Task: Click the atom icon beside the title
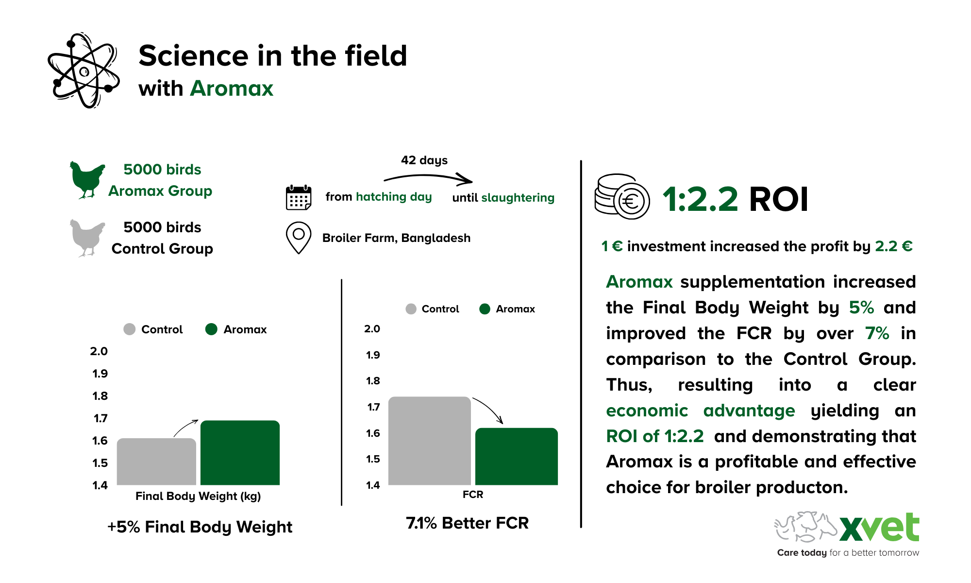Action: click(x=84, y=71)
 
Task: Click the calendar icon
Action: click(x=298, y=197)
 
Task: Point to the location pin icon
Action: click(x=298, y=237)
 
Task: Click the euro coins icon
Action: click(x=622, y=197)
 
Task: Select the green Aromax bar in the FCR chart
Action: click(x=516, y=456)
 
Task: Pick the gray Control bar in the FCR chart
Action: click(x=429, y=441)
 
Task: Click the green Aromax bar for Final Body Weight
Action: click(x=240, y=452)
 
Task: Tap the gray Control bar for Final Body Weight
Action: click(x=156, y=462)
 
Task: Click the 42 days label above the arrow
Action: click(x=424, y=160)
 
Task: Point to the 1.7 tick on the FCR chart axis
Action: click(x=373, y=407)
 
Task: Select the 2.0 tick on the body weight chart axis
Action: click(x=99, y=351)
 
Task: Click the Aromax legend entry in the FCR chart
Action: click(x=507, y=309)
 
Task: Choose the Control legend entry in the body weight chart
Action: click(x=153, y=329)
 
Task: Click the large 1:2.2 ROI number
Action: click(x=700, y=199)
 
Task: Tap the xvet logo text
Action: click(x=879, y=528)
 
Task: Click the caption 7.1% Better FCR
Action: click(x=467, y=523)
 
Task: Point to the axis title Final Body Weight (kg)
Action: click(x=198, y=496)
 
